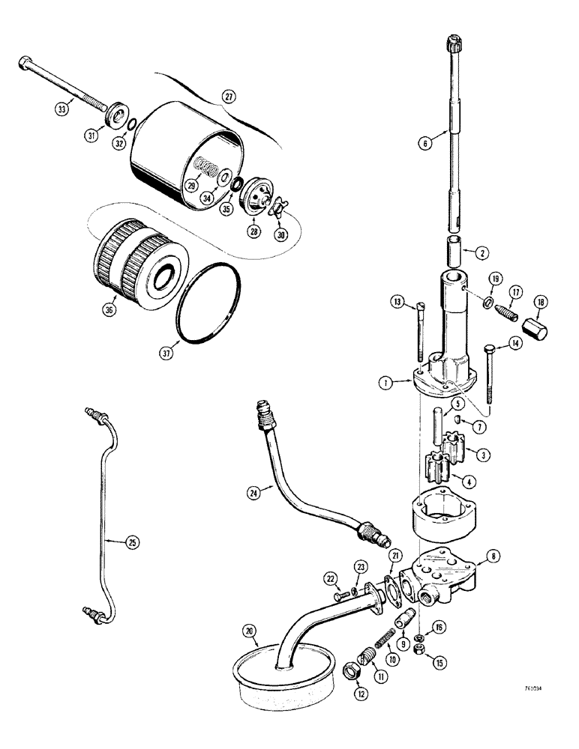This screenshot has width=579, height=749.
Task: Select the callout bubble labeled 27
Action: [229, 96]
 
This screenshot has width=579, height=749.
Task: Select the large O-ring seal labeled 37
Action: [209, 308]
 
